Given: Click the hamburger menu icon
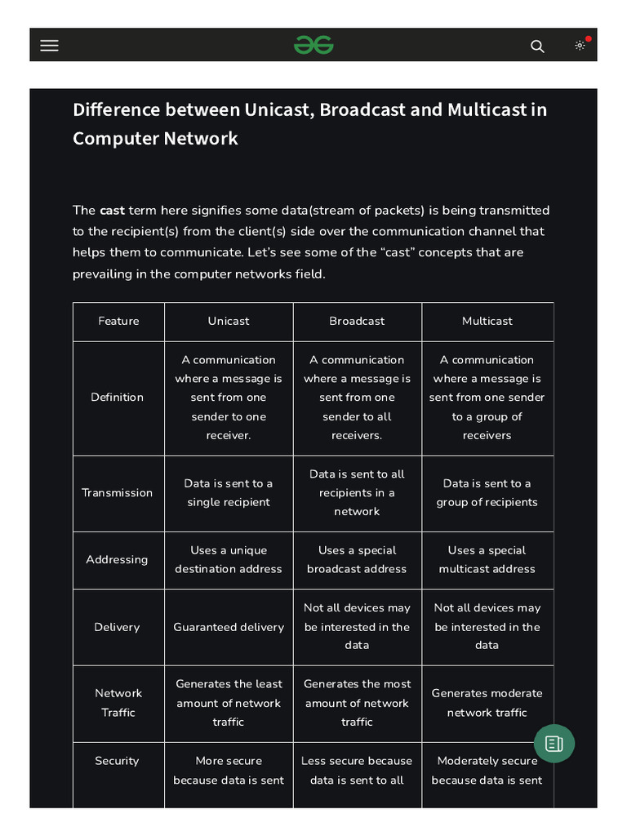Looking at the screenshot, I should coord(49,46).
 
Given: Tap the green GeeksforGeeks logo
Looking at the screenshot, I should coord(313,46).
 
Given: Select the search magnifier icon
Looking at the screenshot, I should coord(537,46).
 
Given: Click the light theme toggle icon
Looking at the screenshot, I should coord(580,46).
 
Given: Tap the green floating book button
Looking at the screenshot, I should coord(554,743).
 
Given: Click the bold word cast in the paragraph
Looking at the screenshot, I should coord(112,210).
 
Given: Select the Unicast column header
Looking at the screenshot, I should coord(229,321).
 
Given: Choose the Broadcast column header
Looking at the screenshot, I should coord(357,321).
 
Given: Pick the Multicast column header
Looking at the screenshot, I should coord(487,321).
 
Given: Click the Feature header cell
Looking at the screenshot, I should coord(118,321).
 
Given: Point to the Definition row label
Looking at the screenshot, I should coord(118,397).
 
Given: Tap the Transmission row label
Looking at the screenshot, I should coord(118,492).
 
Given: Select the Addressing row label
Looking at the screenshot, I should coord(118,559).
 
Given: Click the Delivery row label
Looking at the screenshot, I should coord(118,627).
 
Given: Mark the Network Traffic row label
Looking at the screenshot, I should coord(118,702).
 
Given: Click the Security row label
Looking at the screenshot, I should coord(117,761).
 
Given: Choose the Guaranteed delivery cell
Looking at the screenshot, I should coord(229,627).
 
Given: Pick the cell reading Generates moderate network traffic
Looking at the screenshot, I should coord(487,702).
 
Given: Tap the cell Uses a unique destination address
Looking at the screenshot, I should coord(229,559).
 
